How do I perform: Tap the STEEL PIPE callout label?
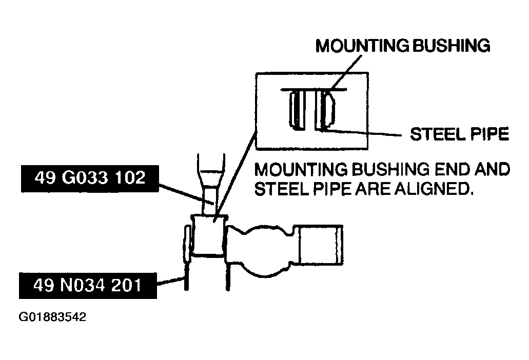[459, 134]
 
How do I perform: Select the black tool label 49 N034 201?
[87, 285]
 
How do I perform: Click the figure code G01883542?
[52, 317]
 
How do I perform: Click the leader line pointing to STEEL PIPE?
[364, 133]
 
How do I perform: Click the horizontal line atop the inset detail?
[313, 89]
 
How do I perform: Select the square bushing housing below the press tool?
[208, 235]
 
